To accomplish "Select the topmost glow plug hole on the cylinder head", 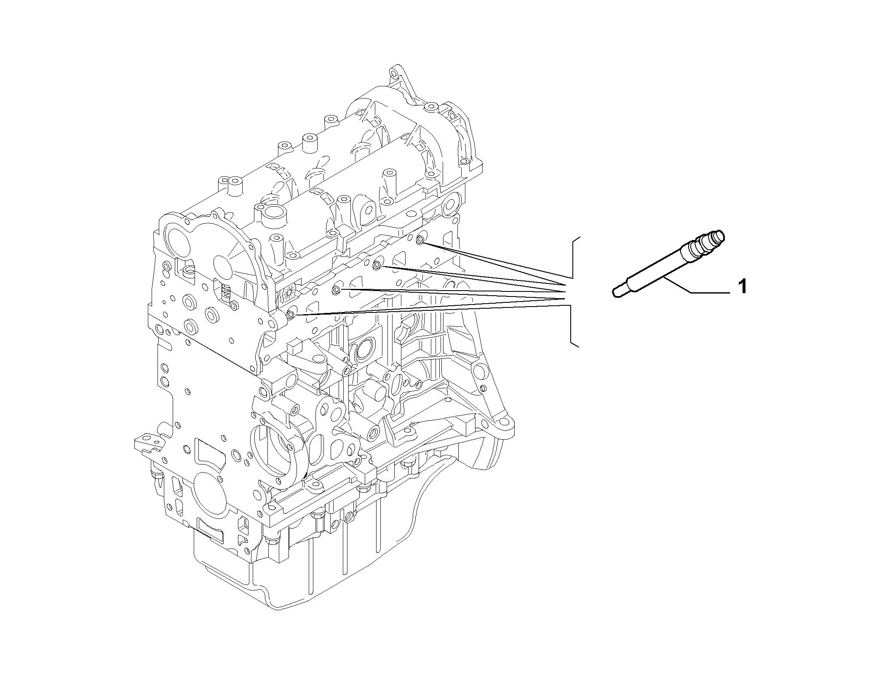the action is pyautogui.click(x=420, y=240).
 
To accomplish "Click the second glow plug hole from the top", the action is pyautogui.click(x=378, y=265).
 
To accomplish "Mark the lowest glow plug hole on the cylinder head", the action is pyautogui.click(x=290, y=314).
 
